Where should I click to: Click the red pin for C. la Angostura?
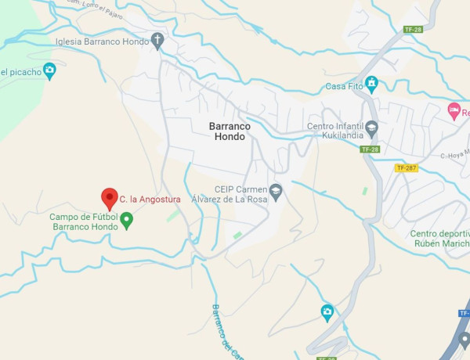point(110,198)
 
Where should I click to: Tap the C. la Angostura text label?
point(150,200)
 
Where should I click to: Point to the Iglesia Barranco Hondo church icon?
point(158,41)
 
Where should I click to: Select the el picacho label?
point(19,73)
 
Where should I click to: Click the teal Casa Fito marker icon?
point(372,85)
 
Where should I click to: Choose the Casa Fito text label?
point(343,86)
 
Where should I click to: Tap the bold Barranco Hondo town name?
point(227,131)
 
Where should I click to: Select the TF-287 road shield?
point(407,167)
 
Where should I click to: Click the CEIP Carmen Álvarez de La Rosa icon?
point(275,189)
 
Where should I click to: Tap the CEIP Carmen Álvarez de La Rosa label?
point(241,194)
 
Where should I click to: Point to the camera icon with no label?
point(327,311)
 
